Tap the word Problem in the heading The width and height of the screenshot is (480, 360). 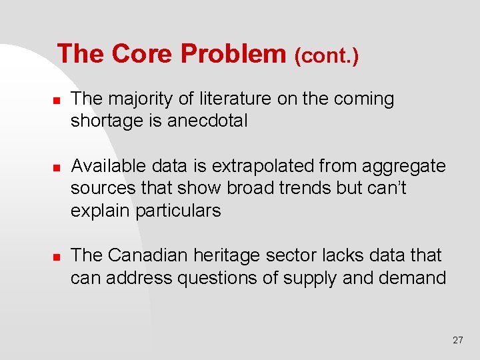point(233,54)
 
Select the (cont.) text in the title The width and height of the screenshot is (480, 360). point(327,56)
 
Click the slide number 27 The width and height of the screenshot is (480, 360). point(457,340)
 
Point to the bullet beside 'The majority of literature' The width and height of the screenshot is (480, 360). point(57,100)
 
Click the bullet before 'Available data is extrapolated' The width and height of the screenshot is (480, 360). point(57,167)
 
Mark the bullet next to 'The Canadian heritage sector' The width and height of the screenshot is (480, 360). point(57,256)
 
